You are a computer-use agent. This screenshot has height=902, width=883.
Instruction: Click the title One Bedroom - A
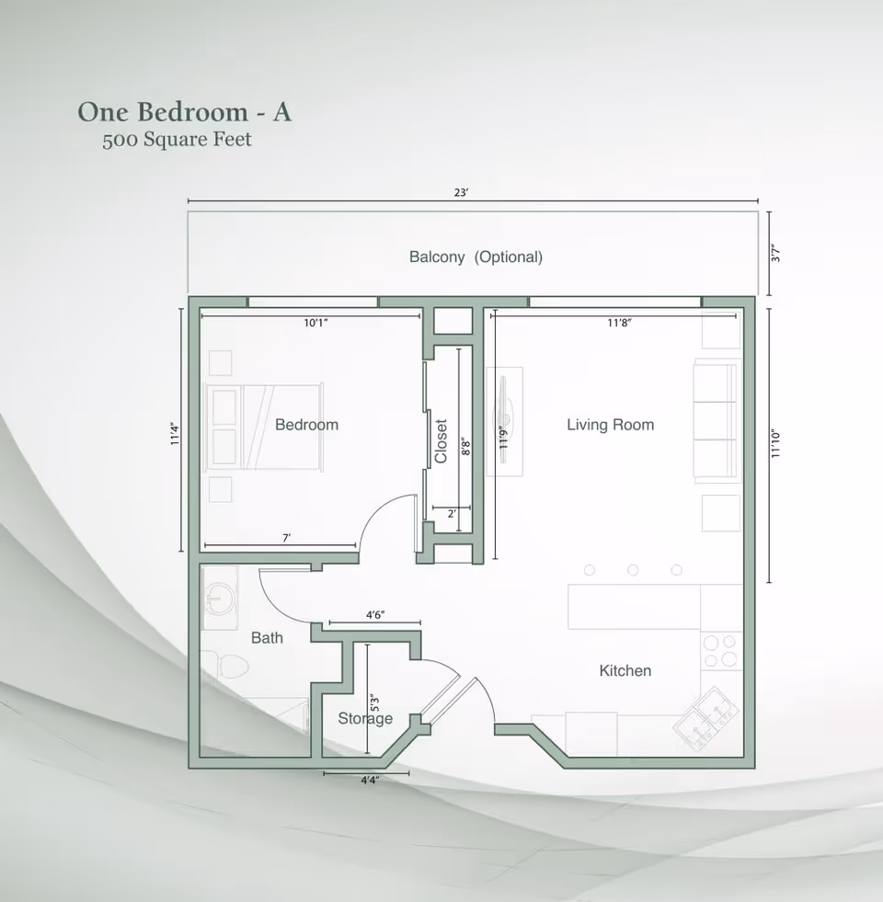click(x=184, y=112)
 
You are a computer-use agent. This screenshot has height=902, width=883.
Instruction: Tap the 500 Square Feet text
click(x=177, y=141)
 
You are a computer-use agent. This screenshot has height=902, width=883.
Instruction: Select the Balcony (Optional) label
click(x=476, y=257)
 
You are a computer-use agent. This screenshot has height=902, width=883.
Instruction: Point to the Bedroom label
click(x=306, y=425)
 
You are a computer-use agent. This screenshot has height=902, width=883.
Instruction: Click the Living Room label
click(x=610, y=425)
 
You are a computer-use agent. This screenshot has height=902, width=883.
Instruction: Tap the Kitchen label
click(x=625, y=671)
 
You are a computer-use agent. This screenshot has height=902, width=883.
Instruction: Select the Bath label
click(x=267, y=637)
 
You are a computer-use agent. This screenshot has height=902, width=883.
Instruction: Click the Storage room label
click(x=364, y=719)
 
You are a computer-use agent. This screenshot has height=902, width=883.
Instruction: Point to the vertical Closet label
click(x=441, y=441)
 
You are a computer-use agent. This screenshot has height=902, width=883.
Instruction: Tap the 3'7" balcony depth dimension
click(x=775, y=254)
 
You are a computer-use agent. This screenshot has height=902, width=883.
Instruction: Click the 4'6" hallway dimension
click(x=375, y=615)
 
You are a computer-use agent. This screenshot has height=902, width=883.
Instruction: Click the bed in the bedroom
click(x=265, y=427)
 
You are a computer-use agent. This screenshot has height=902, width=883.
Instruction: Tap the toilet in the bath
click(x=228, y=664)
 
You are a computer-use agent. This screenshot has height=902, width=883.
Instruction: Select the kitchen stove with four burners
click(x=720, y=651)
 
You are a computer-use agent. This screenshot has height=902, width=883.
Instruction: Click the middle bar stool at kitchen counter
click(x=633, y=570)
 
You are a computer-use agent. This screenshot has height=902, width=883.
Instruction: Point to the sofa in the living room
click(x=717, y=422)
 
